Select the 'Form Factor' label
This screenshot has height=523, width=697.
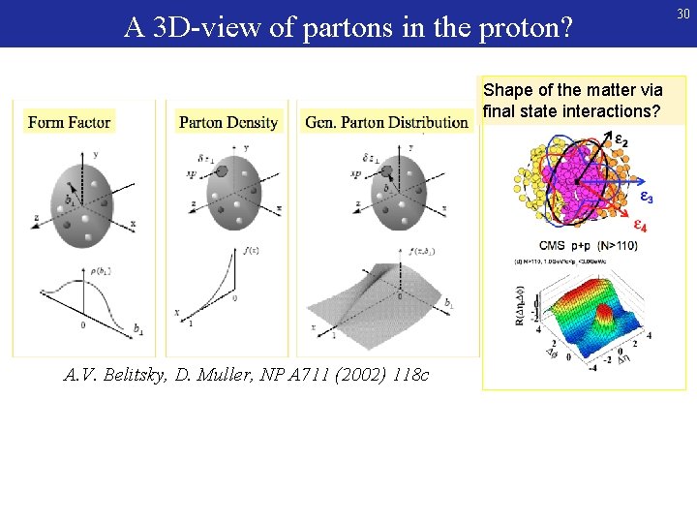point(70,122)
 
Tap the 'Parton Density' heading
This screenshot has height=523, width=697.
point(228,122)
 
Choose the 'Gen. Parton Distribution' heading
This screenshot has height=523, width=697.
point(386,122)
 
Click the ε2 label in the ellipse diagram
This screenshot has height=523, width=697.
point(621,142)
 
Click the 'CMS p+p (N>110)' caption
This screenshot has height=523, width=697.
point(590,246)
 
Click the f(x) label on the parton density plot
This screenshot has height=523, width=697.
point(251,251)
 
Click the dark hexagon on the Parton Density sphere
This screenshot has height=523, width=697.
point(221,171)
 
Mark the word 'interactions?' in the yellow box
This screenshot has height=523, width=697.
point(612,110)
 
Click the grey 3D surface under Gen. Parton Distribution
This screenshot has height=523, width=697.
point(387,300)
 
